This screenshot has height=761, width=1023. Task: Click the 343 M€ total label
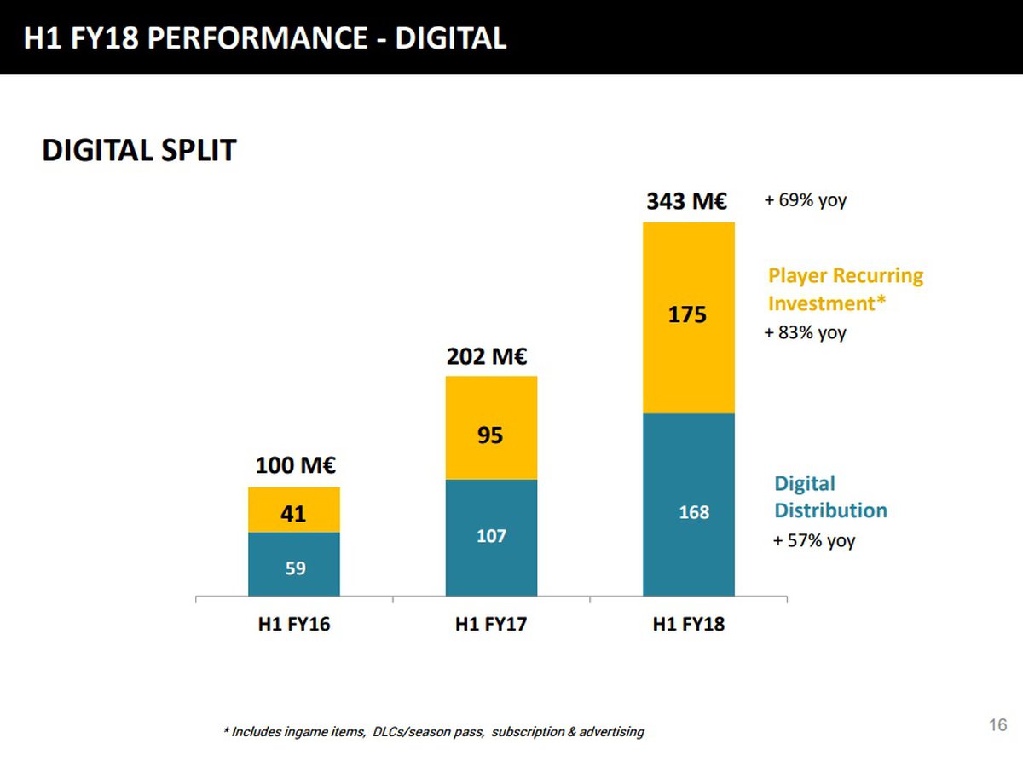(685, 202)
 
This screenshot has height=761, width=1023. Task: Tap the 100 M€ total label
(294, 467)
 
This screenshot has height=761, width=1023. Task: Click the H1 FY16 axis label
(294, 625)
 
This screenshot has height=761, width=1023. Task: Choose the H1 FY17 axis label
(491, 625)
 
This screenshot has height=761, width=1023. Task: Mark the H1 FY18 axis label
(688, 625)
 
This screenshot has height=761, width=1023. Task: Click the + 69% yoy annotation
(805, 202)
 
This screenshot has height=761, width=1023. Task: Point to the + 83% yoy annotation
(805, 332)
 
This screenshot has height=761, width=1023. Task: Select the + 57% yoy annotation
(813, 540)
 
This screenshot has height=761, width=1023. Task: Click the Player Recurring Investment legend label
(845, 290)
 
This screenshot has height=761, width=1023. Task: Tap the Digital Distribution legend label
(829, 497)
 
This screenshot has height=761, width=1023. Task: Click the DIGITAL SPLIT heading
(139, 151)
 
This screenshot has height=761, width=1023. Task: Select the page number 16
(998, 725)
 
